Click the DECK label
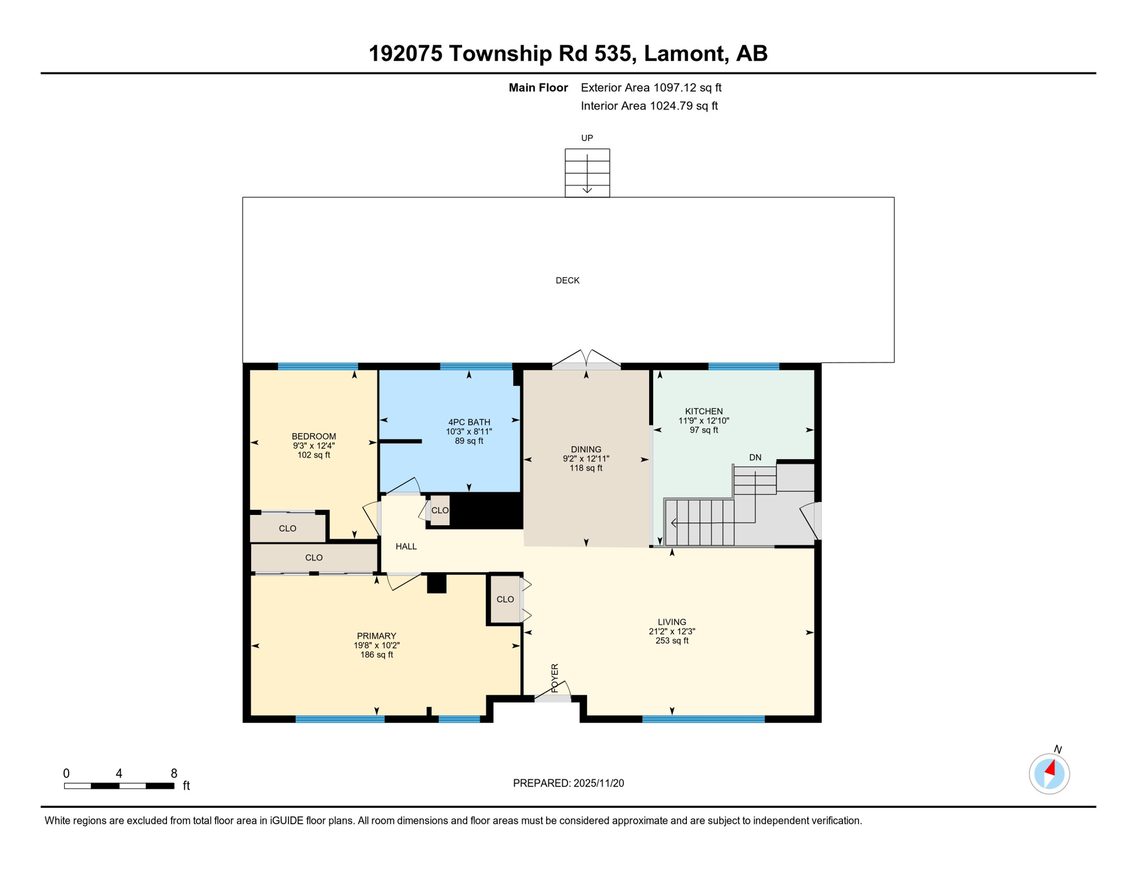(x=567, y=281)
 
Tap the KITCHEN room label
(x=703, y=412)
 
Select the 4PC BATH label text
(x=469, y=422)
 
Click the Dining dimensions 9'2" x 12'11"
(x=586, y=459)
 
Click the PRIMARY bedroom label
(x=376, y=636)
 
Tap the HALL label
(x=406, y=547)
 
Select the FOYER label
(x=555, y=678)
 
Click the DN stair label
(x=755, y=458)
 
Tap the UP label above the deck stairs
(x=587, y=138)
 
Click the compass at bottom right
(x=1049, y=775)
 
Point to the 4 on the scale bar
(x=119, y=774)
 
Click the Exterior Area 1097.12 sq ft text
(x=651, y=88)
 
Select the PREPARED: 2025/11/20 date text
(x=568, y=784)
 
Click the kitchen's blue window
(x=744, y=366)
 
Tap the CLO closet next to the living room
(x=505, y=600)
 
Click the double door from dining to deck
(x=586, y=360)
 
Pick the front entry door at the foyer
(x=552, y=694)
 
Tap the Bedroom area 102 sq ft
(x=313, y=456)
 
